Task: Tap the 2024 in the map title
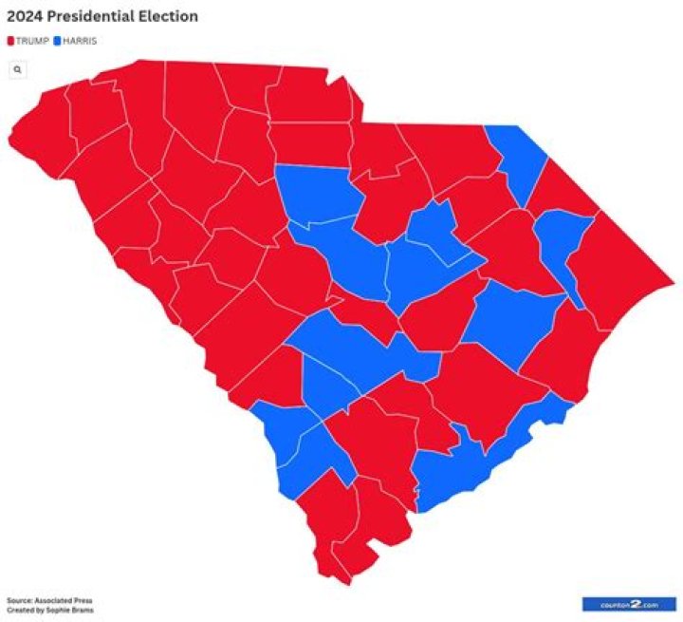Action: pyautogui.click(x=24, y=16)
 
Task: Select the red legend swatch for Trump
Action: pyautogui.click(x=10, y=41)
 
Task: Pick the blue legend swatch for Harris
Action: pyautogui.click(x=58, y=41)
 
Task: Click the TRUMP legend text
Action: pyautogui.click(x=32, y=41)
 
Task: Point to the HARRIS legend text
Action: pyautogui.click(x=80, y=41)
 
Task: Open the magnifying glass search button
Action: pyautogui.click(x=17, y=69)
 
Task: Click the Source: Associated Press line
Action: pyautogui.click(x=49, y=601)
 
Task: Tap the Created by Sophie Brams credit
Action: pyautogui.click(x=49, y=610)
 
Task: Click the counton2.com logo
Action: pyautogui.click(x=627, y=603)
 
